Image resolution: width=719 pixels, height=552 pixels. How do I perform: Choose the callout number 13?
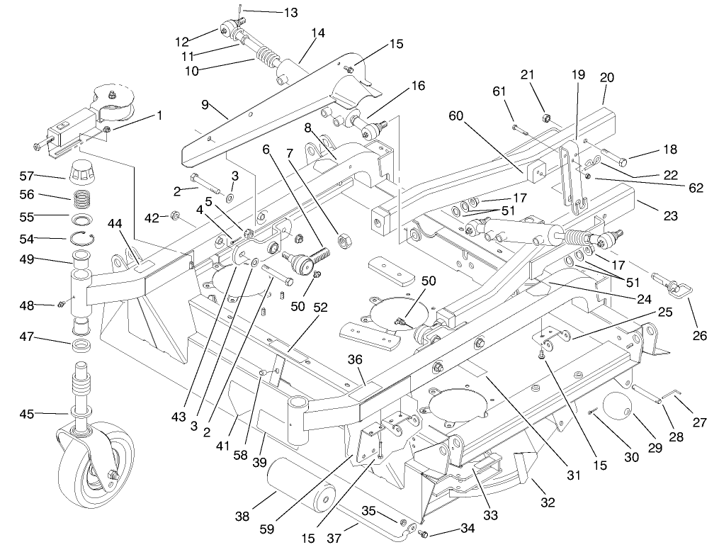point(271,12)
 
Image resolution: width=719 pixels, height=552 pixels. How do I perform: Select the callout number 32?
point(547,503)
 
